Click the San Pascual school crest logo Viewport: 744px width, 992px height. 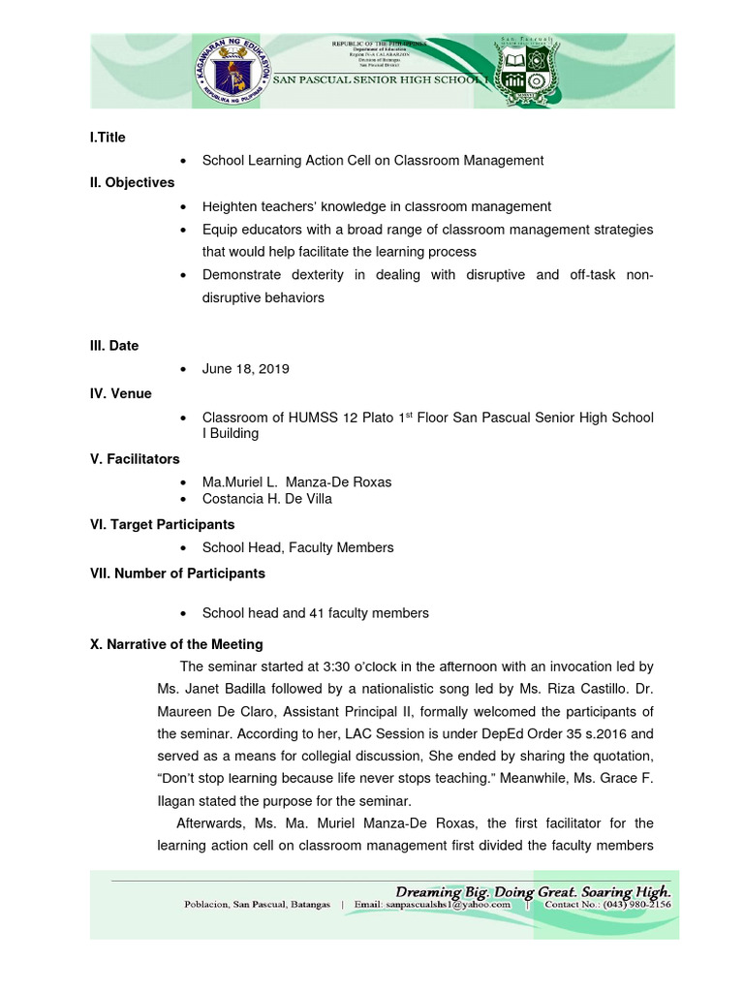pos(533,73)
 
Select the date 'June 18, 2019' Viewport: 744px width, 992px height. pos(245,369)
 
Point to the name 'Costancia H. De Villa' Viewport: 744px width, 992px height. pos(266,499)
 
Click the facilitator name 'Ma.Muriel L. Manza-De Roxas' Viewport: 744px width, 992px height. pos(296,482)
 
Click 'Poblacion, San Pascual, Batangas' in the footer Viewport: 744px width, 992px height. pos(258,905)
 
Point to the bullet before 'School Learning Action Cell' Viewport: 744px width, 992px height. pos(183,161)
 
